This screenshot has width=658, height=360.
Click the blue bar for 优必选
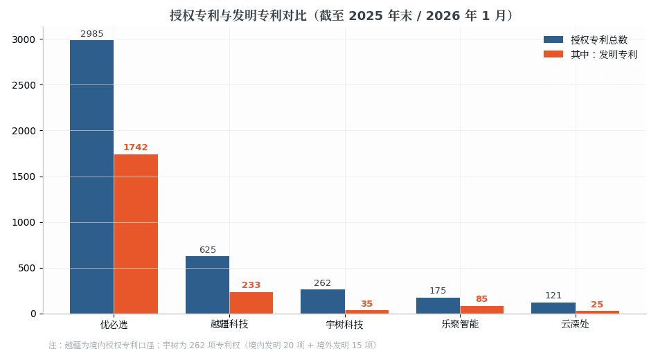click(x=91, y=177)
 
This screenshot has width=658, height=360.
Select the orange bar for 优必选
click(x=136, y=234)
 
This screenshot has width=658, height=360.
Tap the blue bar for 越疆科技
click(x=207, y=285)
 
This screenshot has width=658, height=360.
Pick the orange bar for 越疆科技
click(x=251, y=303)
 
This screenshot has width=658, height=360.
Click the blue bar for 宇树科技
click(x=323, y=301)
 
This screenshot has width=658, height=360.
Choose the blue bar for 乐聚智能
click(x=438, y=305)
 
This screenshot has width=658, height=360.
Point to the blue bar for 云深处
click(x=553, y=308)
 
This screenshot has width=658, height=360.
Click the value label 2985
click(x=92, y=33)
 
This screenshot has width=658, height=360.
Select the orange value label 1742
click(x=136, y=147)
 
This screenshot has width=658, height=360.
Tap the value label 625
click(x=208, y=250)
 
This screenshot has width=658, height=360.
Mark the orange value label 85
click(x=482, y=299)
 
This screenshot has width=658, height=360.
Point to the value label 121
click(x=553, y=296)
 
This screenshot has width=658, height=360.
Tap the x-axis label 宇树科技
click(x=344, y=324)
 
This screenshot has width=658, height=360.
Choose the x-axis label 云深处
click(x=576, y=324)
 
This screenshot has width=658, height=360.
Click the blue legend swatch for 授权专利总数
click(x=553, y=39)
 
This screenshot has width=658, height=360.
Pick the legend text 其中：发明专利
click(x=604, y=55)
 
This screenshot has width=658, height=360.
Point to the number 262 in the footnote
click(x=197, y=345)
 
